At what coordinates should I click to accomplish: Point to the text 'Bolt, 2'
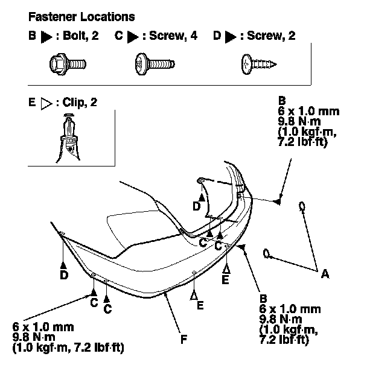pyautogui.click(x=79, y=37)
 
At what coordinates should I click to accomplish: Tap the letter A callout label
pyautogui.click(x=325, y=273)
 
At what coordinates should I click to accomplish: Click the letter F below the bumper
pyautogui.click(x=183, y=339)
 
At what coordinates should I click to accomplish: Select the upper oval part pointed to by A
pyautogui.click(x=301, y=207)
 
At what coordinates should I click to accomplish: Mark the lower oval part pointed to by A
pyautogui.click(x=266, y=252)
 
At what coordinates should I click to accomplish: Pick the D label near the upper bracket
pyautogui.click(x=197, y=206)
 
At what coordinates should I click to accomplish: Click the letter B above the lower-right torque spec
pyautogui.click(x=263, y=298)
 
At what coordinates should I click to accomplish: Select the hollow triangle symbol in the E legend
pyautogui.click(x=46, y=103)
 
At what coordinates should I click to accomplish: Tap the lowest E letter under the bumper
pyautogui.click(x=199, y=305)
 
